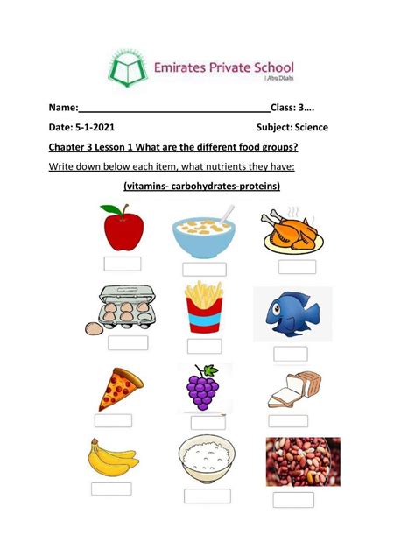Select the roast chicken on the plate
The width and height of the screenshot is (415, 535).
click(x=290, y=230)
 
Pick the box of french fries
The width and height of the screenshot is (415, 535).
click(x=203, y=307)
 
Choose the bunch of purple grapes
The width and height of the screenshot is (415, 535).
click(x=204, y=388)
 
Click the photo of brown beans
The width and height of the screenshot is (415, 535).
click(x=302, y=461)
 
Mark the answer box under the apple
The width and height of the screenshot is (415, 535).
click(x=122, y=264)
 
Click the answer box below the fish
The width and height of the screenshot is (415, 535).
click(x=290, y=354)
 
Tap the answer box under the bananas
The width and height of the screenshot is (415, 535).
click(x=111, y=489)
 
